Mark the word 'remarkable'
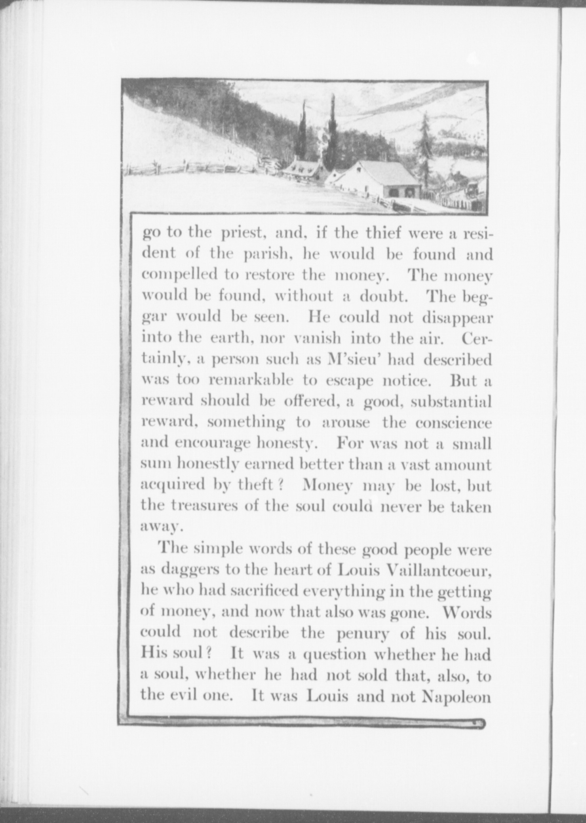point(251,380)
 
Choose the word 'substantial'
point(451,401)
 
